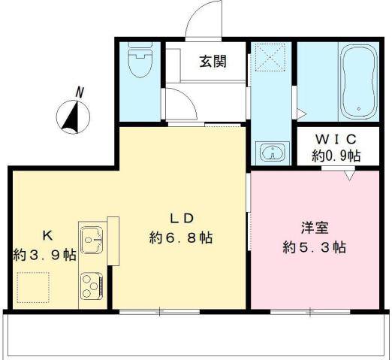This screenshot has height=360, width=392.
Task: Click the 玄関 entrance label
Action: click(x=213, y=62)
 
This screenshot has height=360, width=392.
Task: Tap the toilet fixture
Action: click(x=139, y=65)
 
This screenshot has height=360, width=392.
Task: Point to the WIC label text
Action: click(x=336, y=140)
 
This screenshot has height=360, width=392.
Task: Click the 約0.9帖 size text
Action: click(x=336, y=156)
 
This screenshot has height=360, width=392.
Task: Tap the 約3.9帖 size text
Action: click(x=44, y=255)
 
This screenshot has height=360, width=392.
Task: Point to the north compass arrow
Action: click(x=72, y=116)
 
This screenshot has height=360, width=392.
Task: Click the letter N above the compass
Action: click(x=79, y=92)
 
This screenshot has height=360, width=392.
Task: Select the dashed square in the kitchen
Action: click(x=33, y=284)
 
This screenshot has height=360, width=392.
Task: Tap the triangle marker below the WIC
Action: click(x=349, y=176)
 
